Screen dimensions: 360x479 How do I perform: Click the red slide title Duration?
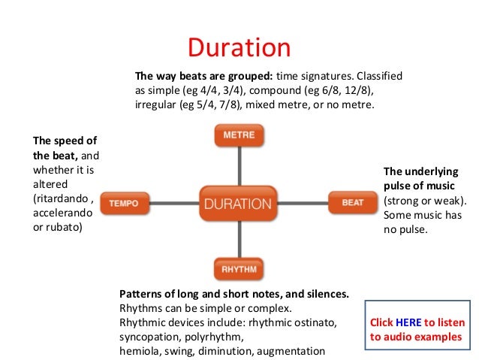[239, 47]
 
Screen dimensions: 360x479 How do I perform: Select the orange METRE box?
[239, 135]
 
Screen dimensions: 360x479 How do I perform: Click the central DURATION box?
[239, 203]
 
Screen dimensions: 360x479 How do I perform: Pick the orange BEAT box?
[352, 203]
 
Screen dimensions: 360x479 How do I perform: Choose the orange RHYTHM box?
[239, 268]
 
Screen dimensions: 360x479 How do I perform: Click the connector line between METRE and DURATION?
[239, 165]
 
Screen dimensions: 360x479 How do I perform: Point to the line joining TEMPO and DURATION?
[173, 203]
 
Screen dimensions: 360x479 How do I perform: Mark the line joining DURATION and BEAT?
[304, 203]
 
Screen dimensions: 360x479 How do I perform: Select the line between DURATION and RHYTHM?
[239, 238]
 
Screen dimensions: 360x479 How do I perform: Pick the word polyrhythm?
[215, 337]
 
